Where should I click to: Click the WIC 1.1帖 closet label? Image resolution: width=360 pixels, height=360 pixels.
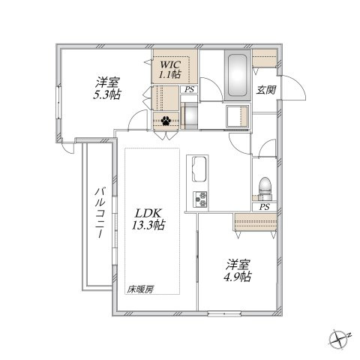coord(168,70)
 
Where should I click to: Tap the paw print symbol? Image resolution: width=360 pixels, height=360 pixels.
coord(164,119)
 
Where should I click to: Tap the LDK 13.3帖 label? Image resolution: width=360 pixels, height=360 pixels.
coord(150,218)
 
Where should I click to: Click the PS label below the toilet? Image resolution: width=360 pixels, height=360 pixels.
coord(264,206)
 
